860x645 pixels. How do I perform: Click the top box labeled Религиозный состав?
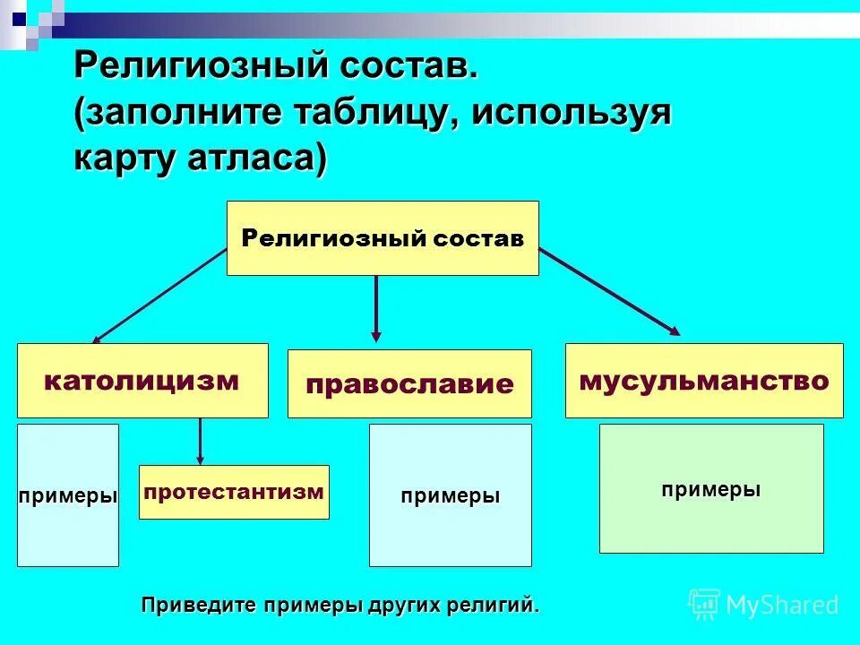(x=383, y=238)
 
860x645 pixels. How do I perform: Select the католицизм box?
(x=142, y=381)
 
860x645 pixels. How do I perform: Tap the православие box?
(x=409, y=384)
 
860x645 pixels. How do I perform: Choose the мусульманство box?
(x=703, y=381)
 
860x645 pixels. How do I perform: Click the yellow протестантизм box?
(x=234, y=492)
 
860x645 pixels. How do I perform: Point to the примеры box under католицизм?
(x=68, y=495)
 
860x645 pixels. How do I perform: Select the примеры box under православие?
(x=450, y=495)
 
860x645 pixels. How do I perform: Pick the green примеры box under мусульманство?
(x=711, y=489)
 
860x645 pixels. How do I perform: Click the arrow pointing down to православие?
(x=376, y=309)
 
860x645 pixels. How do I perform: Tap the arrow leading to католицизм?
(x=159, y=297)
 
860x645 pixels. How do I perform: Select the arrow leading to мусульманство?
(x=609, y=292)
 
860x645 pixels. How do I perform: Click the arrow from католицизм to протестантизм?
(x=200, y=441)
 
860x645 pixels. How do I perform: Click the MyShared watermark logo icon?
(x=704, y=604)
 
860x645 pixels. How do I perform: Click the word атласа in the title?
(x=259, y=159)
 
